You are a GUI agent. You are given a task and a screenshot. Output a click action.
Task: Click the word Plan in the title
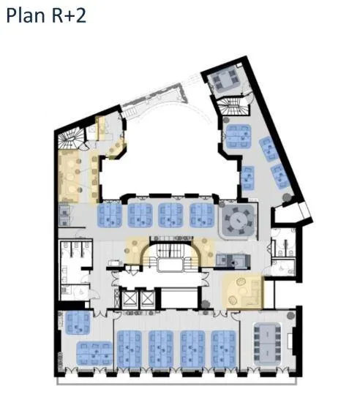pyautogui.click(x=26, y=15)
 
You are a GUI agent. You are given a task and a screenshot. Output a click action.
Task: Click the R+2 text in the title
pyautogui.click(x=69, y=15)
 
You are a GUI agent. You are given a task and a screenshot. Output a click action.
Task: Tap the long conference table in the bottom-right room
pyautogui.click(x=267, y=344)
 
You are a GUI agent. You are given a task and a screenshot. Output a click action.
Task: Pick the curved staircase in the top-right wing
pyautogui.click(x=232, y=105)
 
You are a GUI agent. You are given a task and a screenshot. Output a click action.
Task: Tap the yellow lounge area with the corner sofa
pyautogui.click(x=243, y=292)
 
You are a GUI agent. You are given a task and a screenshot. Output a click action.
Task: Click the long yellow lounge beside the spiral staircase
pyautogui.click(x=69, y=176)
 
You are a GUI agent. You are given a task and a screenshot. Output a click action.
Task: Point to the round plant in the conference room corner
pyautogui.click(x=291, y=315)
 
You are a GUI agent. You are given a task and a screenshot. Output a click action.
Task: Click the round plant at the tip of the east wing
pyautogui.click(x=287, y=197)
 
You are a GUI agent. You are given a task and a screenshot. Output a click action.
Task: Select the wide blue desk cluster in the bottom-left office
pyautogui.click(x=94, y=353)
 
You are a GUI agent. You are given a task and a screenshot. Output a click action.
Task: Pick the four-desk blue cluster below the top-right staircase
pyautogui.click(x=239, y=137)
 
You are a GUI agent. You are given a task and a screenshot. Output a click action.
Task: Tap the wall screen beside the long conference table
pyautogui.click(x=290, y=341)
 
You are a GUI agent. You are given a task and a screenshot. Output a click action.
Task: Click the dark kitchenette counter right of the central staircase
pyautogui.click(x=233, y=261)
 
